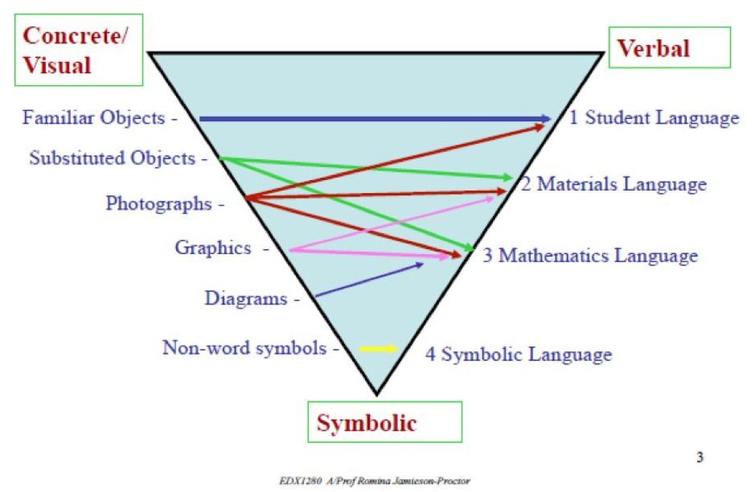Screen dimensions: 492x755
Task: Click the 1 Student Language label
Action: click(654, 118)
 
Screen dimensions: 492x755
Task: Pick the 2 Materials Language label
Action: click(613, 184)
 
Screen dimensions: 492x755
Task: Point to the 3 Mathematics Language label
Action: click(590, 256)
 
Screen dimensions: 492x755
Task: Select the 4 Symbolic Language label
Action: click(519, 354)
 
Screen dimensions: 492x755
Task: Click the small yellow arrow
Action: click(378, 349)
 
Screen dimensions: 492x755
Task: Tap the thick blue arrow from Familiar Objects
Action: click(374, 119)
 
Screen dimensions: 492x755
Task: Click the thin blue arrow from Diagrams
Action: click(368, 280)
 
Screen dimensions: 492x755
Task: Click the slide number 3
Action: click(699, 458)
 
